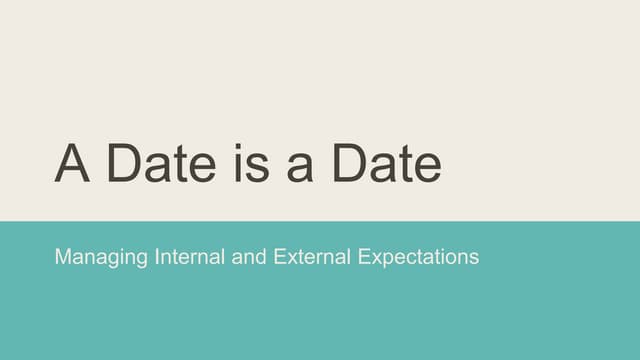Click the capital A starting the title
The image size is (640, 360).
click(x=73, y=163)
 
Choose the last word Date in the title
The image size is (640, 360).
click(x=386, y=163)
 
